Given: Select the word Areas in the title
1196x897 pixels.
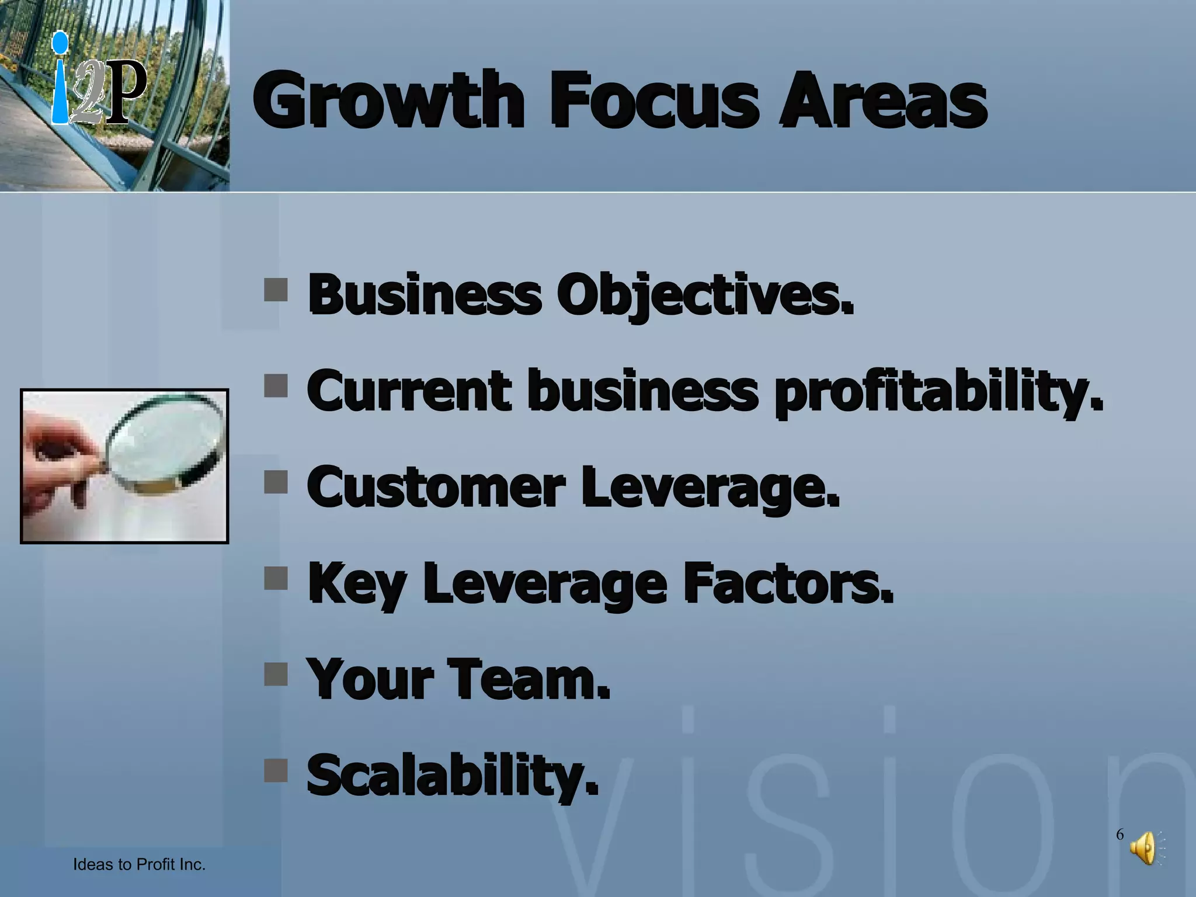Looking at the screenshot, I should (883, 100).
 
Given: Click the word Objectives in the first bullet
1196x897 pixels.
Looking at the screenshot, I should (704, 294).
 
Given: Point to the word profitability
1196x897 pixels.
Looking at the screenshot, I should (938, 391).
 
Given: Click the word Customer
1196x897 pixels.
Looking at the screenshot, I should (436, 488).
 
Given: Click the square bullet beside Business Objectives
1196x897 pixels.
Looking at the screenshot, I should (276, 290).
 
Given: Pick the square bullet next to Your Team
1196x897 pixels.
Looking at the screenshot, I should (276, 674).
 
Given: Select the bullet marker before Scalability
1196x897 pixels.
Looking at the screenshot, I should (276, 770).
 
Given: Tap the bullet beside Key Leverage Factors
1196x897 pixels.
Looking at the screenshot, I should (276, 579).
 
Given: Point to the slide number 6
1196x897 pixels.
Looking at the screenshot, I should (1119, 835).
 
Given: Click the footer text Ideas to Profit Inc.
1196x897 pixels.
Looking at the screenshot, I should (139, 864).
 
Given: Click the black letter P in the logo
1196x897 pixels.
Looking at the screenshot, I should (125, 92).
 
